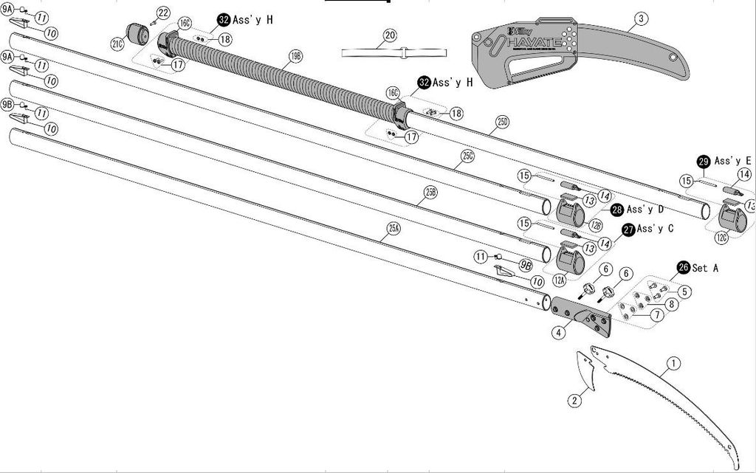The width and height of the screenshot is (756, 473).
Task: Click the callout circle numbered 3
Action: [640, 18]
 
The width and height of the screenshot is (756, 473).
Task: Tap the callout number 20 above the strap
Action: [391, 35]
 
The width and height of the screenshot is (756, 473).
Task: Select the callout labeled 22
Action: [163, 13]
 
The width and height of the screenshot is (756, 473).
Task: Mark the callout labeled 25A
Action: [394, 228]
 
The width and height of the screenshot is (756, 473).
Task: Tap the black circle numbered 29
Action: [704, 161]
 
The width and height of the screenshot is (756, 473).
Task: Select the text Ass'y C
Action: [655, 229]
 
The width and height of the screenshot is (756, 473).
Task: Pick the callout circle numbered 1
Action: [673, 363]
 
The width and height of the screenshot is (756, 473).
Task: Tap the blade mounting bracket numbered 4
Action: [583, 314]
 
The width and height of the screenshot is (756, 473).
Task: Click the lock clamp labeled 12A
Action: [569, 260]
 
